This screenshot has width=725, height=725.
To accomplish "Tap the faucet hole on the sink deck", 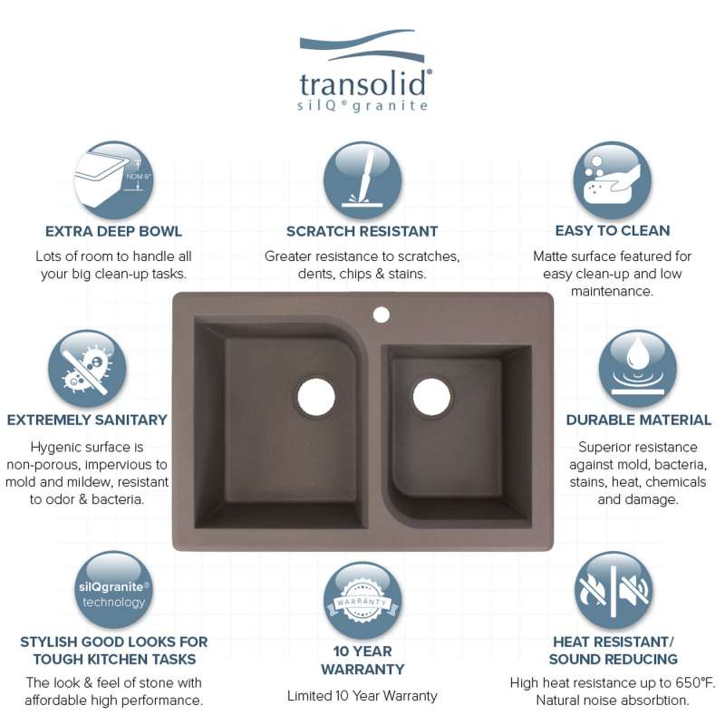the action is point(381,314).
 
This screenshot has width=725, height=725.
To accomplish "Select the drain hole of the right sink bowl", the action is point(431,397).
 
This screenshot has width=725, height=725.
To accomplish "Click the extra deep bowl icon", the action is point(114,179).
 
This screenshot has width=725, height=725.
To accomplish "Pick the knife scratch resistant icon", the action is point(362,180).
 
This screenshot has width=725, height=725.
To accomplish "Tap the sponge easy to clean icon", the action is point(613,180).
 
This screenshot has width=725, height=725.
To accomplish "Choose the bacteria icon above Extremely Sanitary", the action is point(87,369).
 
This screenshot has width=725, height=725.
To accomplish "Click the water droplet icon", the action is point(638,369).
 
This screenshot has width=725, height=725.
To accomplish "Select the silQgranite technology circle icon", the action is point(114,590).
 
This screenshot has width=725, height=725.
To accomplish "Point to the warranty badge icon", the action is point(362,600).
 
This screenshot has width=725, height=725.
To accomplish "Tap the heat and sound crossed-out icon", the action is point(614,591).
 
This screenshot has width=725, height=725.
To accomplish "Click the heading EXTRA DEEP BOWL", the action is point(113,231).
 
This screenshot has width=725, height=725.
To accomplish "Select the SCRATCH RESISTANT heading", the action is point(362,231).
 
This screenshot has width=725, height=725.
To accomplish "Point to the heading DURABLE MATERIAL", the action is point(639,420).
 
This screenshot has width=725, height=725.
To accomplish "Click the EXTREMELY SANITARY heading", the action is point(87,420).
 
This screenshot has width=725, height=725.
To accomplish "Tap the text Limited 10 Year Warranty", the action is point(362,696).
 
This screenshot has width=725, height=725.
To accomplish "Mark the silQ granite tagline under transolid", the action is point(362,106).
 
